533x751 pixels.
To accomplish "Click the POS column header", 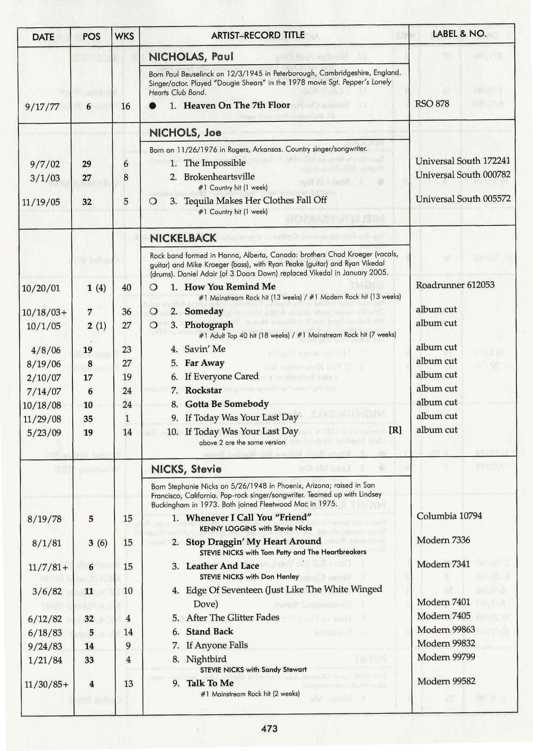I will tap(91, 37).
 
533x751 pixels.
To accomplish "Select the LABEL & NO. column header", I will tap(459, 33).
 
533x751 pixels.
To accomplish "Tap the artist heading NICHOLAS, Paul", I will tap(191, 56).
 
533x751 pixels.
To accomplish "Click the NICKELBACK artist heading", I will tap(183, 238).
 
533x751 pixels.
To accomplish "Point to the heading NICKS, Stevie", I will tap(186, 469).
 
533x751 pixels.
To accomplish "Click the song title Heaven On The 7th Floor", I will tap(236, 105).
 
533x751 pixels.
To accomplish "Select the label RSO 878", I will tap(432, 103).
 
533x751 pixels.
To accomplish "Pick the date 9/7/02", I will tap(45, 164).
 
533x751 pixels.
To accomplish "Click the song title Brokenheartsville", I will tap(219, 176).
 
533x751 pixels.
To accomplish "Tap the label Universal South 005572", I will tap(463, 199).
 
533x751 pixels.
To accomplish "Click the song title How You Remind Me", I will tap(230, 286).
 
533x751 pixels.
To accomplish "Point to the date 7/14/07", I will tap(44, 391).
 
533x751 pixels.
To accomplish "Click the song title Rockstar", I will tap(203, 390).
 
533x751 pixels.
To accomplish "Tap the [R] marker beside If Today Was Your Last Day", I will tap(395, 430).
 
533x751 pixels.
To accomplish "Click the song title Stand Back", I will tap(209, 631).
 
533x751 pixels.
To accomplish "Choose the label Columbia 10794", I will tap(449, 516).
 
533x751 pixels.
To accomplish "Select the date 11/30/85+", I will tap(46, 684).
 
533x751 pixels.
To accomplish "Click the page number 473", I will tap(269, 728).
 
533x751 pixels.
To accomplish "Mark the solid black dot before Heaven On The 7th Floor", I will tap(153, 106).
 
